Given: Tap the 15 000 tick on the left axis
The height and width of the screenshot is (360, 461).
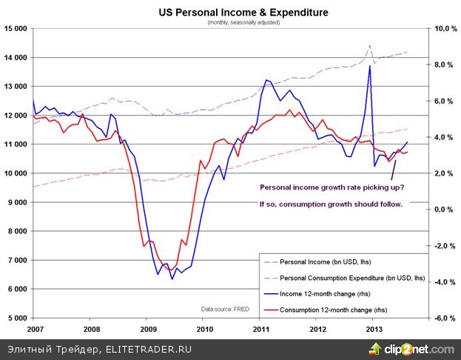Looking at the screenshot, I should (x=16, y=28).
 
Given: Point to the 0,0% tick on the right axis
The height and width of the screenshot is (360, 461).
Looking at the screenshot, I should (x=443, y=210).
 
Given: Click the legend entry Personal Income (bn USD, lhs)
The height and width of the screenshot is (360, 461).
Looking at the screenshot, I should (x=342, y=261).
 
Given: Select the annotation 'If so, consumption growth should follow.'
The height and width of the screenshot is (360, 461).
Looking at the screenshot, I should (x=331, y=204).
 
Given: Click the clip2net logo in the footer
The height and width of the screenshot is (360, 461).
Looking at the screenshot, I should (x=417, y=349).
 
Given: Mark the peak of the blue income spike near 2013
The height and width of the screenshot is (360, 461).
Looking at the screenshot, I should (x=369, y=66).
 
